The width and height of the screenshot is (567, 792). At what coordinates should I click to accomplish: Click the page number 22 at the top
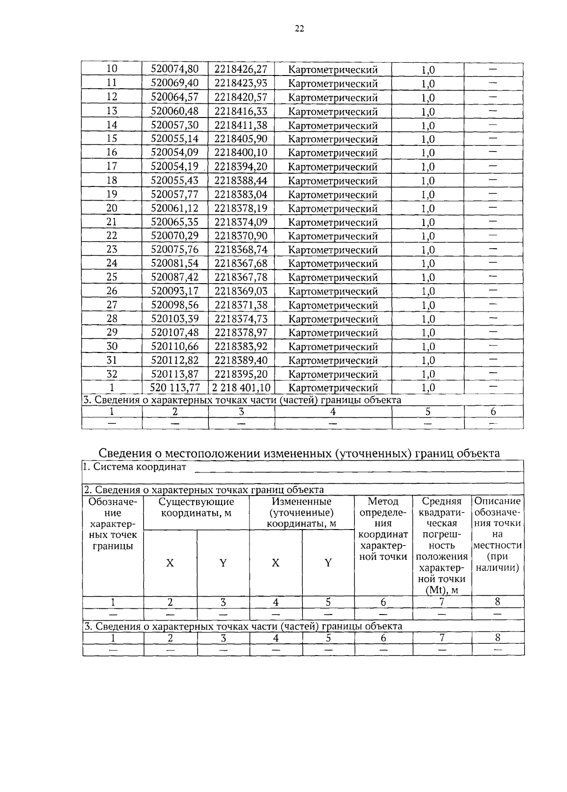point(299,29)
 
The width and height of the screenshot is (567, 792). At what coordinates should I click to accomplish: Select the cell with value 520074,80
point(174,69)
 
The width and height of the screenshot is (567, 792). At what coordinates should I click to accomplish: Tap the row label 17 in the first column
point(112,166)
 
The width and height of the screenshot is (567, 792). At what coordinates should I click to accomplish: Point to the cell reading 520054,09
point(174,152)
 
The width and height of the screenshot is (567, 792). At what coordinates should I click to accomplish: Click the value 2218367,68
point(241,263)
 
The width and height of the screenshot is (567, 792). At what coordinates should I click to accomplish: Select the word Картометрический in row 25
point(333,278)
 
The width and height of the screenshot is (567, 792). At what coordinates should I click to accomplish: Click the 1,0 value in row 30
point(428,347)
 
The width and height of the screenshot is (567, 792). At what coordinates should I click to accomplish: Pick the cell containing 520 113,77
point(175,388)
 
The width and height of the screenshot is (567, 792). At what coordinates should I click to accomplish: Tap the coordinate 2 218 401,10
point(241,388)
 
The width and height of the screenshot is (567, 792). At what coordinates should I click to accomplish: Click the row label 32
point(112,374)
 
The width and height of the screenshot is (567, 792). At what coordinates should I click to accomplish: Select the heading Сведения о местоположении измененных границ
point(299,454)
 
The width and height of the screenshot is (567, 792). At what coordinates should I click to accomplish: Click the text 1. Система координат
point(135,467)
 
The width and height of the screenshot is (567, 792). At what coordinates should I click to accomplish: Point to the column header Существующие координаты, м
point(196,507)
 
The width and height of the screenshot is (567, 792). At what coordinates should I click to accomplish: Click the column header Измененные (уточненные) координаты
point(301,513)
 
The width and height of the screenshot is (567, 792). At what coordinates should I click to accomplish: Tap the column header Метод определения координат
point(383,529)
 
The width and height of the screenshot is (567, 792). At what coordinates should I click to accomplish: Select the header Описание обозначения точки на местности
point(498,534)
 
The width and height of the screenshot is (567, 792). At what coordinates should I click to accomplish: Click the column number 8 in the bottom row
point(497,638)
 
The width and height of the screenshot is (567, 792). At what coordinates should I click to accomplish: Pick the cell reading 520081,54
point(174,263)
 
